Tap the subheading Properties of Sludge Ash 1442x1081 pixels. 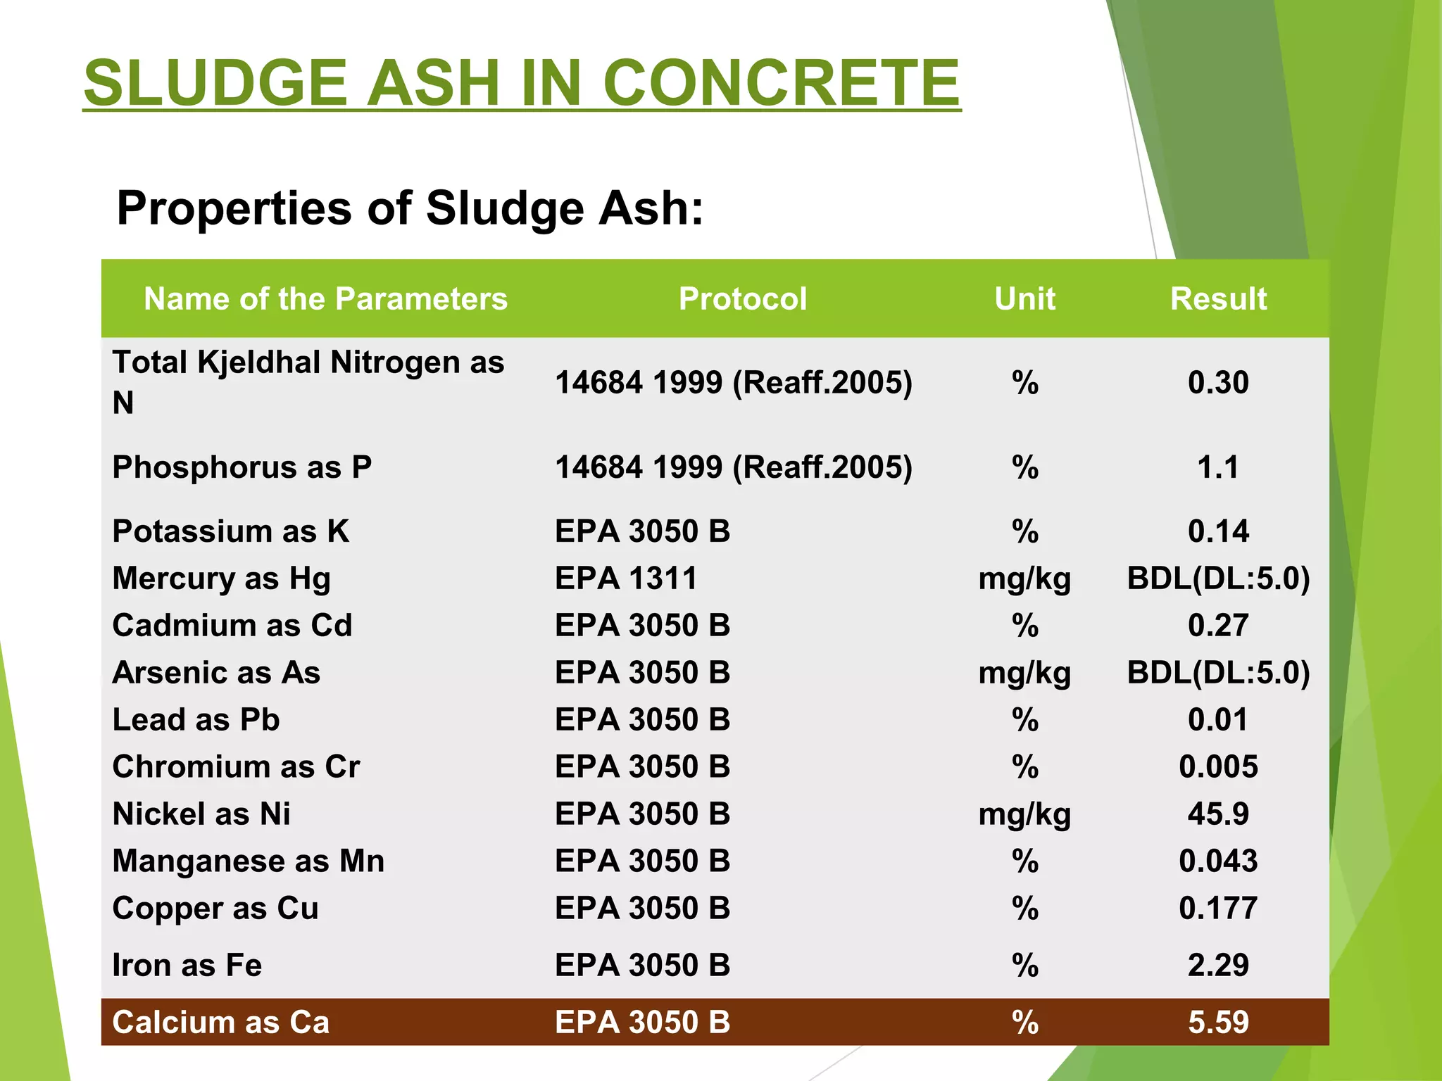coord(410,208)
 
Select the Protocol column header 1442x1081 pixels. coord(742,299)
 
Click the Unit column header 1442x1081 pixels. coord(1024,299)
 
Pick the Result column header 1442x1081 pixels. coord(1218,299)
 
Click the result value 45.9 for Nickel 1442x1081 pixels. coord(1218,814)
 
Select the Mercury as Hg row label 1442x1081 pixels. coord(221,579)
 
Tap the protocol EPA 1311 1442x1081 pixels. coord(625,579)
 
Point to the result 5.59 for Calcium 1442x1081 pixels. coord(1218,1023)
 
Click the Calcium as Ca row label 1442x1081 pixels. coord(220,1023)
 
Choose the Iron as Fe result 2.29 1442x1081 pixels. coord(1218,965)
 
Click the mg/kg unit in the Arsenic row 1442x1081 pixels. coord(1024,673)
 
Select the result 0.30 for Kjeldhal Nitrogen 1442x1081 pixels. coord(1218,383)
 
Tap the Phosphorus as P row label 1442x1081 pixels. coord(242,467)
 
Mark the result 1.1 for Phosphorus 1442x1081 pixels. coord(1218,467)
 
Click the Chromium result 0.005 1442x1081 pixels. coord(1218,767)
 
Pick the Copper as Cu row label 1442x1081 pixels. coord(215,909)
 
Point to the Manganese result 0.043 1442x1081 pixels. coord(1218,861)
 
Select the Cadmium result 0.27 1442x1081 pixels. coord(1218,626)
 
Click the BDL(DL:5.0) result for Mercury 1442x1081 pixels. coord(1218,579)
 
